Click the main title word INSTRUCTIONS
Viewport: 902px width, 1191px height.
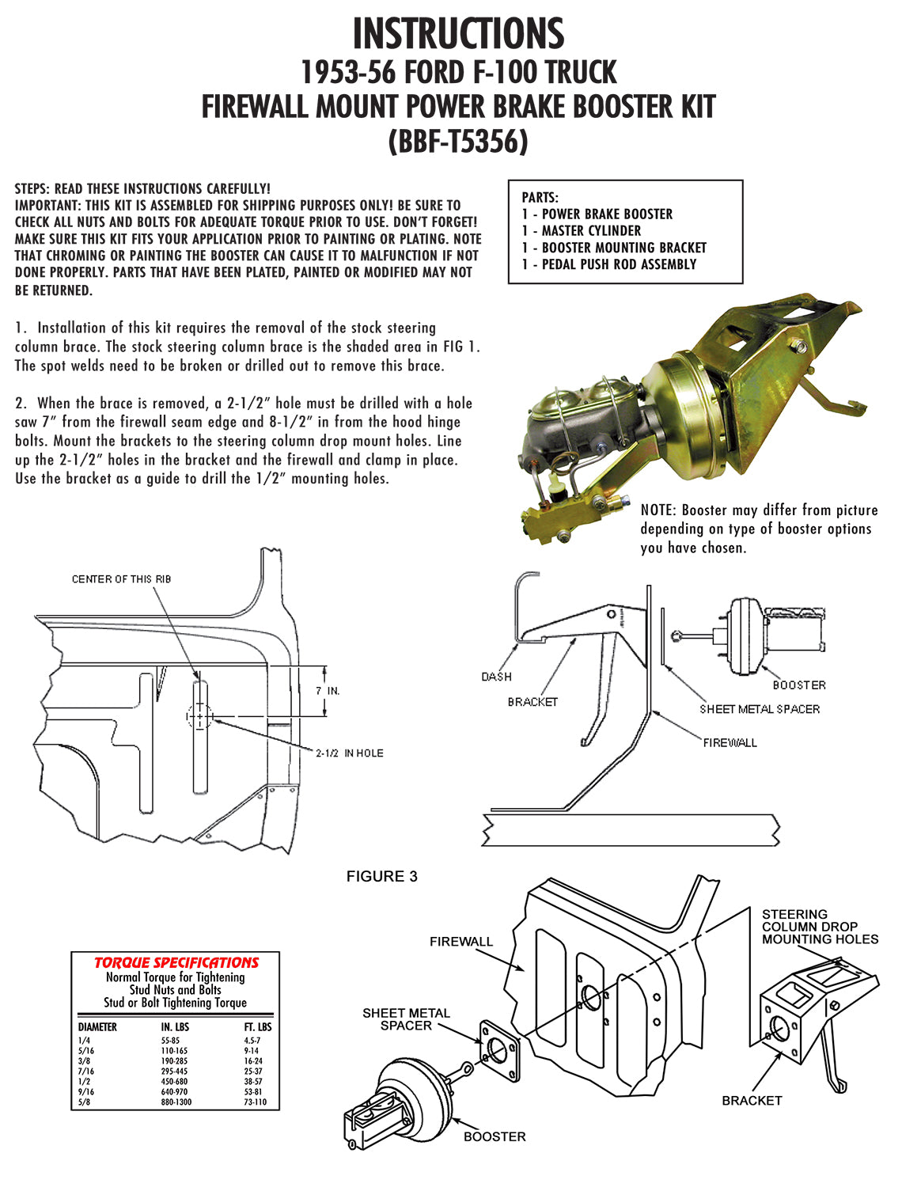(x=458, y=34)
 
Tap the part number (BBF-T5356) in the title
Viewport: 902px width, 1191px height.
(x=458, y=142)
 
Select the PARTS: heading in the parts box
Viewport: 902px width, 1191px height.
(x=540, y=197)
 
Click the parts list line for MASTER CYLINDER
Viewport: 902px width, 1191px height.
(x=582, y=230)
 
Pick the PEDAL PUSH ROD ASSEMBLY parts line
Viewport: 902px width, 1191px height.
(x=609, y=264)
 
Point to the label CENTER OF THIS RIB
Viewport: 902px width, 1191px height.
(x=121, y=579)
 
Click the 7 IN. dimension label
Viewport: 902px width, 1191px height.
(x=328, y=691)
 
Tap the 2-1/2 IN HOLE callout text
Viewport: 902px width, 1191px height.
(x=349, y=753)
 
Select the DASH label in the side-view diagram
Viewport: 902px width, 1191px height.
(x=496, y=677)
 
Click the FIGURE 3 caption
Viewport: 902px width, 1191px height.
(x=381, y=876)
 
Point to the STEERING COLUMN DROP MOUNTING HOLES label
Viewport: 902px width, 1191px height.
(x=820, y=927)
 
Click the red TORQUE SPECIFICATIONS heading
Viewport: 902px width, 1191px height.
(x=176, y=962)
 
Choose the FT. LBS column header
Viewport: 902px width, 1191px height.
(x=257, y=1027)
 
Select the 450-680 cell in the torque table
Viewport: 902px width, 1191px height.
(x=174, y=1082)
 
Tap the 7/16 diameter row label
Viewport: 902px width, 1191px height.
(x=85, y=1072)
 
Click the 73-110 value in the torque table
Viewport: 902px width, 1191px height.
(x=255, y=1102)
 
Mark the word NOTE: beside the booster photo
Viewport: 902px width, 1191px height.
(x=659, y=510)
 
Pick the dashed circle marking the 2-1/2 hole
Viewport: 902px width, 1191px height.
(x=199, y=716)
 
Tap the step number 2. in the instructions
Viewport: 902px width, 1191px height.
(x=21, y=404)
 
